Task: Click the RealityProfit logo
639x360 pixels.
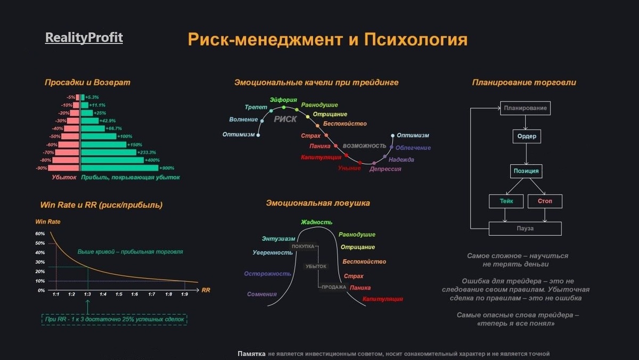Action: point(84,38)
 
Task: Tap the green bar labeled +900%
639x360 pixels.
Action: point(119,168)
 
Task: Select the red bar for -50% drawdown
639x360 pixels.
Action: point(70,136)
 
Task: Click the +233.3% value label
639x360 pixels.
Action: point(146,152)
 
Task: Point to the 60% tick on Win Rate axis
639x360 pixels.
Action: point(40,234)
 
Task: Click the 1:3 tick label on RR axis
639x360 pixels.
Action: point(87,294)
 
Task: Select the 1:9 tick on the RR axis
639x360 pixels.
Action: point(184,294)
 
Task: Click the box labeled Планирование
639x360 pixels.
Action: point(525,108)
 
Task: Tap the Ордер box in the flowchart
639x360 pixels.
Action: point(527,136)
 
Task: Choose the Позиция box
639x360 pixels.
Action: point(526,171)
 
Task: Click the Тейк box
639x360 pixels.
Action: point(506,201)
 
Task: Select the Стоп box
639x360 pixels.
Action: point(545,201)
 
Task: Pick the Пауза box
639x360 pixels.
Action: point(525,228)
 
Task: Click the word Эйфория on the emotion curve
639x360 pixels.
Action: point(283,100)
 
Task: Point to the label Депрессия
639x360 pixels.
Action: point(386,169)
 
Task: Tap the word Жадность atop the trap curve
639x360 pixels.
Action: point(316,222)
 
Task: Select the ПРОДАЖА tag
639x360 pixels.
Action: point(334,287)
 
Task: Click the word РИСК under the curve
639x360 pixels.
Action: point(285,119)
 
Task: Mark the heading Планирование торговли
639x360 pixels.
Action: point(524,83)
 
